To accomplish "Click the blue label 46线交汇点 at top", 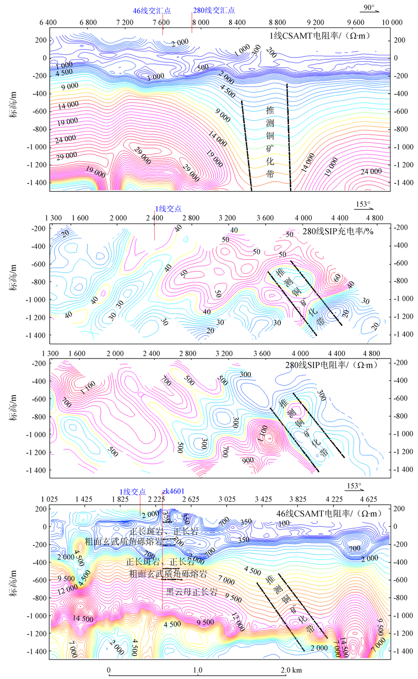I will (x=152, y=10).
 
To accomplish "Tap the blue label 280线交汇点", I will (x=214, y=10).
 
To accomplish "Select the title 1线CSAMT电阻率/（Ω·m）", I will (x=329, y=35).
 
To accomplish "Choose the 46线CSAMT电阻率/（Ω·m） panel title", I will (x=328, y=513).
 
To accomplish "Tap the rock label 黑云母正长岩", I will (x=192, y=592).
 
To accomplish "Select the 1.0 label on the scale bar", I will (x=198, y=670).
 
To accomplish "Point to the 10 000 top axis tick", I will (x=392, y=22).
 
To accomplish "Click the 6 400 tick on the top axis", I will (x=48, y=22).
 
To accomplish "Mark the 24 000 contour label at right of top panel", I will (x=371, y=171).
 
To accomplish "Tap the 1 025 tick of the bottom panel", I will (x=49, y=499).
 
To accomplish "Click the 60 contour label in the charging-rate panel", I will (x=337, y=277).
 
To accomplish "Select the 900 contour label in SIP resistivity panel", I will (x=248, y=460).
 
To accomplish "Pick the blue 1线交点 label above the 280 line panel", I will (x=168, y=209).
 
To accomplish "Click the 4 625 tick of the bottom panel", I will (x=368, y=499).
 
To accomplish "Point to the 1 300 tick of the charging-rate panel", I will (x=53, y=218).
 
